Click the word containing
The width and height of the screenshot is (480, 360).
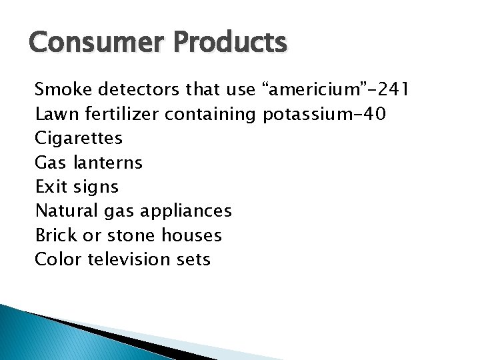(210, 115)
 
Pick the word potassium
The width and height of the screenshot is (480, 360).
(303, 115)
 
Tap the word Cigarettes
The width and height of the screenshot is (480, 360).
(79, 139)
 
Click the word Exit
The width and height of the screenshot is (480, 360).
(51, 187)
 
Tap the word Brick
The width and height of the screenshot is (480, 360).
(54, 235)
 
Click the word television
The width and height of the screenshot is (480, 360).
(130, 259)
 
